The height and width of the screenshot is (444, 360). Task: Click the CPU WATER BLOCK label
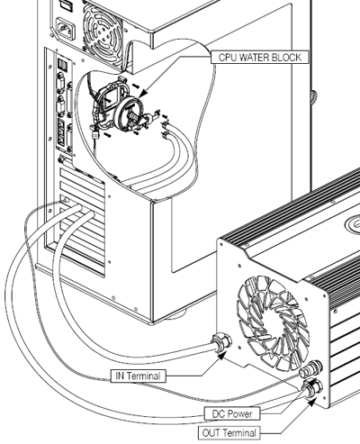point(260,57)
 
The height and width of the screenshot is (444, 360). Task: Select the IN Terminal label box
point(138,376)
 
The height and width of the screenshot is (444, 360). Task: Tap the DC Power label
point(232,414)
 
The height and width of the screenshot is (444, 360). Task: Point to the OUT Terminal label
point(229,433)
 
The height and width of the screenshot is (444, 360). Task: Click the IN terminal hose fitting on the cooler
point(221,341)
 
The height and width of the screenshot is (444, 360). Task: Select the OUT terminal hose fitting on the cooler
point(312,388)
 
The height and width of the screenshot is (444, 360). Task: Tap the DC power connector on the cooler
point(311,369)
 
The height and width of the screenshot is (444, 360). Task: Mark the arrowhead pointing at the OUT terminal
point(312,402)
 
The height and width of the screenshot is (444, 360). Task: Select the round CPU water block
point(130,114)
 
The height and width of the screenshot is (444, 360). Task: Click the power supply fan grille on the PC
point(102,29)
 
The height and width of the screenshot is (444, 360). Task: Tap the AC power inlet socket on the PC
point(65,29)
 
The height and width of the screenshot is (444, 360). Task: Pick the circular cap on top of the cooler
point(353,224)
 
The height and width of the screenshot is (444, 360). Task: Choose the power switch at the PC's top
point(67,4)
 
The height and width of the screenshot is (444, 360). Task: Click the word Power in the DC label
point(240,414)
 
